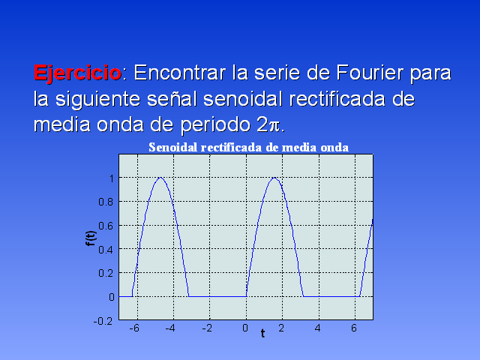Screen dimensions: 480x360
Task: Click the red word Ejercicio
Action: coord(77,73)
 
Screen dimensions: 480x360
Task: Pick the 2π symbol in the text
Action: coord(268,125)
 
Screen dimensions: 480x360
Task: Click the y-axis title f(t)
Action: coord(91,238)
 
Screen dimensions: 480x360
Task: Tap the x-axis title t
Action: coord(262,333)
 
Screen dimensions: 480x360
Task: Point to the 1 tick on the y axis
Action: coord(112,178)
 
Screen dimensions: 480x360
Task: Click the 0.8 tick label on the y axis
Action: coord(106,202)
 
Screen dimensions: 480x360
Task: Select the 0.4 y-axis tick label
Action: coord(106,250)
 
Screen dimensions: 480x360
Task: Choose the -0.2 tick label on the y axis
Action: coord(103,321)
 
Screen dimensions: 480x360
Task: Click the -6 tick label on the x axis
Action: coord(134,328)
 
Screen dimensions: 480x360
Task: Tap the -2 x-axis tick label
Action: coord(207,328)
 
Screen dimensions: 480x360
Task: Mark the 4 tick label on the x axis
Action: coord(318,328)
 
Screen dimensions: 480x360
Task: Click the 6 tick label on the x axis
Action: coord(354,328)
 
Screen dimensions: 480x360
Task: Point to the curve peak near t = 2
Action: coord(274,178)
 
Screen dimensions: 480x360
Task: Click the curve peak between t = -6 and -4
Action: coord(160,178)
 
